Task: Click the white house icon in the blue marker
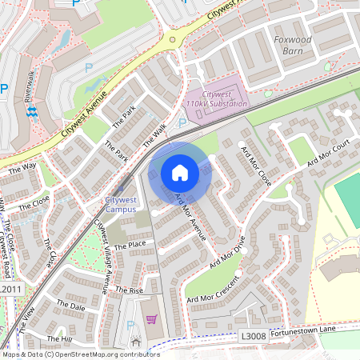[x=180, y=173]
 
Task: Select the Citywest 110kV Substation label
[x=216, y=99]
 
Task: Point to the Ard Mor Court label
[x=328, y=154]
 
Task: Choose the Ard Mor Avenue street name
[x=190, y=217]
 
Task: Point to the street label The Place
[x=130, y=246]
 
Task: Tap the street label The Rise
[x=128, y=289]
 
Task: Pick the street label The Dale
[x=70, y=306]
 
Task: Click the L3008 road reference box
[x=253, y=338]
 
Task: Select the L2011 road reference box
[x=10, y=289]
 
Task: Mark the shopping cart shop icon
[x=151, y=319]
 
